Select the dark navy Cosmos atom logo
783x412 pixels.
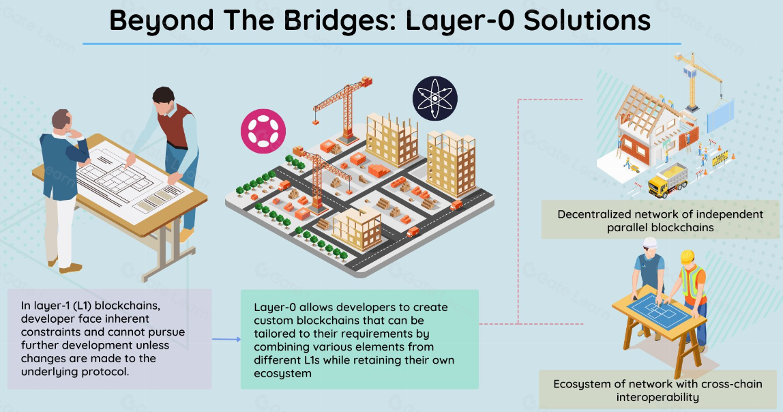434,98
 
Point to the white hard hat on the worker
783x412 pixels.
649,243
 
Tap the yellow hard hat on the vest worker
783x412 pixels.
688,256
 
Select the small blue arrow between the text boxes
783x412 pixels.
226,338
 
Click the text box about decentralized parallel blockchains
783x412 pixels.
660,220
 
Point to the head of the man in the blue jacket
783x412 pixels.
62,121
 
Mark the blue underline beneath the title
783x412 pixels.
382,44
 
